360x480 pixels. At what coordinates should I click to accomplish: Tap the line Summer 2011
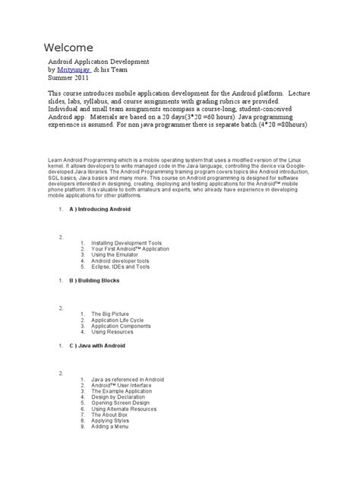[68, 77]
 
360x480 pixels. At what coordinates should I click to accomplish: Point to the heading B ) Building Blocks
[96, 280]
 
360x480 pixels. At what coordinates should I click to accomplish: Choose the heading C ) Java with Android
[97, 346]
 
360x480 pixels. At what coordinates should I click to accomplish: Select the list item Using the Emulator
[115, 254]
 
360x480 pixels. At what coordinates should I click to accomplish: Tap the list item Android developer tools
[120, 261]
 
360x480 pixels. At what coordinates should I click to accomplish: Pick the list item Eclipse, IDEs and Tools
[120, 267]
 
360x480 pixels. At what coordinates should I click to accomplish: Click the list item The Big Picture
[111, 314]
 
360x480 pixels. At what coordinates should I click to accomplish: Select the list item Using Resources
[112, 332]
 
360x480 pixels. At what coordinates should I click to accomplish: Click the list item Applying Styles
[110, 422]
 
